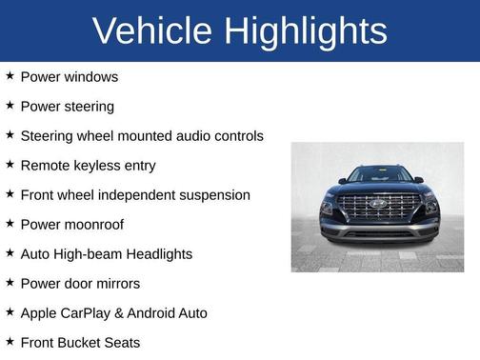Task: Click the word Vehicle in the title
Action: point(153,31)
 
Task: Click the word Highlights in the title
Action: point(305,31)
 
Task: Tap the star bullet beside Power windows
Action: point(10,76)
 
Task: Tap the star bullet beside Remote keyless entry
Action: point(10,165)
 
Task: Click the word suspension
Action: point(214,195)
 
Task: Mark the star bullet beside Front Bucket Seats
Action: point(10,342)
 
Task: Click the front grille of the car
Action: point(379,207)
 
